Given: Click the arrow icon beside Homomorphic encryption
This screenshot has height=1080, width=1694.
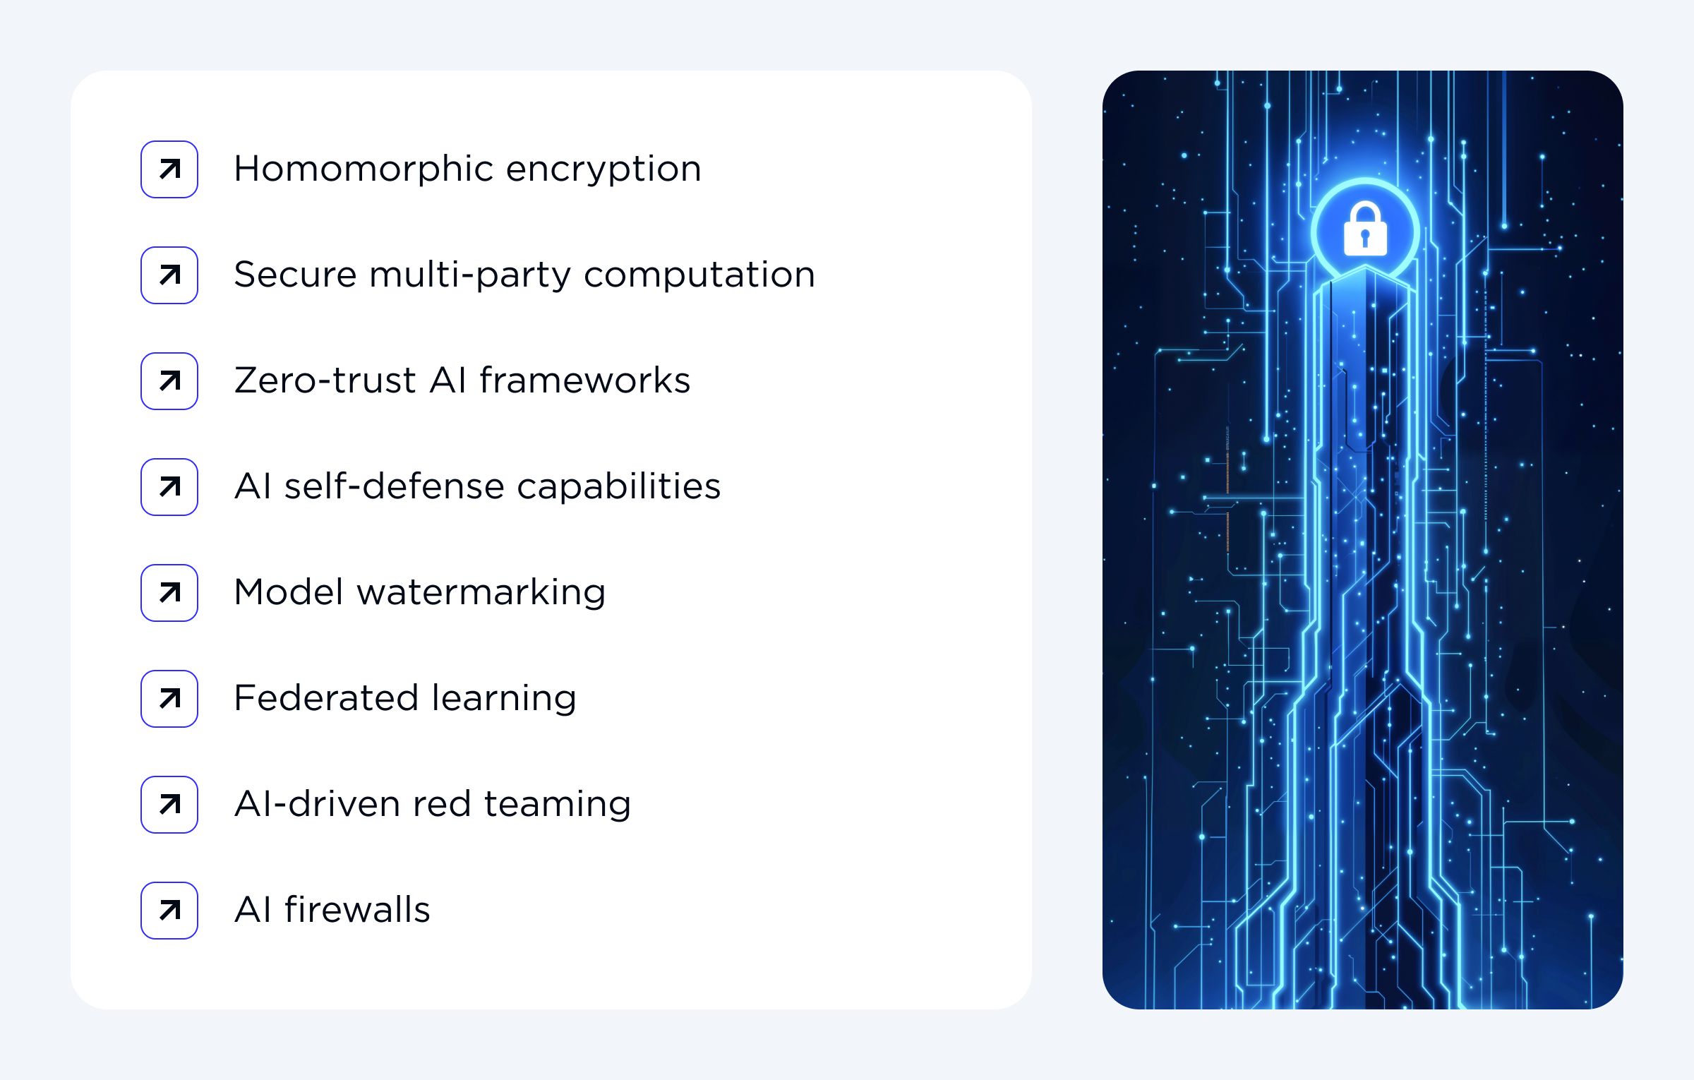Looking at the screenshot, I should point(169,169).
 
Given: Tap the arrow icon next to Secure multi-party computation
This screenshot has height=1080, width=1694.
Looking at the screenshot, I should point(169,275).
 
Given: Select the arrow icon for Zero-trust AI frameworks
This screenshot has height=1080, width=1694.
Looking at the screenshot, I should point(169,381).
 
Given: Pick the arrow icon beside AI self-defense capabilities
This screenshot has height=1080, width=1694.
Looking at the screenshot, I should point(169,487).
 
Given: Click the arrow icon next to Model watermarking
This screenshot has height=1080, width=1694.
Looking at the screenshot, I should point(169,593).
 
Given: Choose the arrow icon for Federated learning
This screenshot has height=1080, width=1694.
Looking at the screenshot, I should point(169,699).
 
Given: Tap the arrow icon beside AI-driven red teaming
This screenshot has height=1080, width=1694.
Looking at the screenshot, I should point(169,805).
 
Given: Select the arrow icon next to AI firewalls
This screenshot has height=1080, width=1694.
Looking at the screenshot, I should point(169,911).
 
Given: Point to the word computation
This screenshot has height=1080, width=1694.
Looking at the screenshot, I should point(699,275).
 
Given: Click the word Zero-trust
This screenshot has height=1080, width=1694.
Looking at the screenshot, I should point(325,381).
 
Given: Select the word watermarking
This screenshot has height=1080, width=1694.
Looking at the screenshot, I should point(481,593).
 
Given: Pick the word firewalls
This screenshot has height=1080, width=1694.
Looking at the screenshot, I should point(357,911).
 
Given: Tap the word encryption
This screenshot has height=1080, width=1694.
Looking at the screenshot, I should point(603,169).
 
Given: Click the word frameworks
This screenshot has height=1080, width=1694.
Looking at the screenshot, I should point(584,381).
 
